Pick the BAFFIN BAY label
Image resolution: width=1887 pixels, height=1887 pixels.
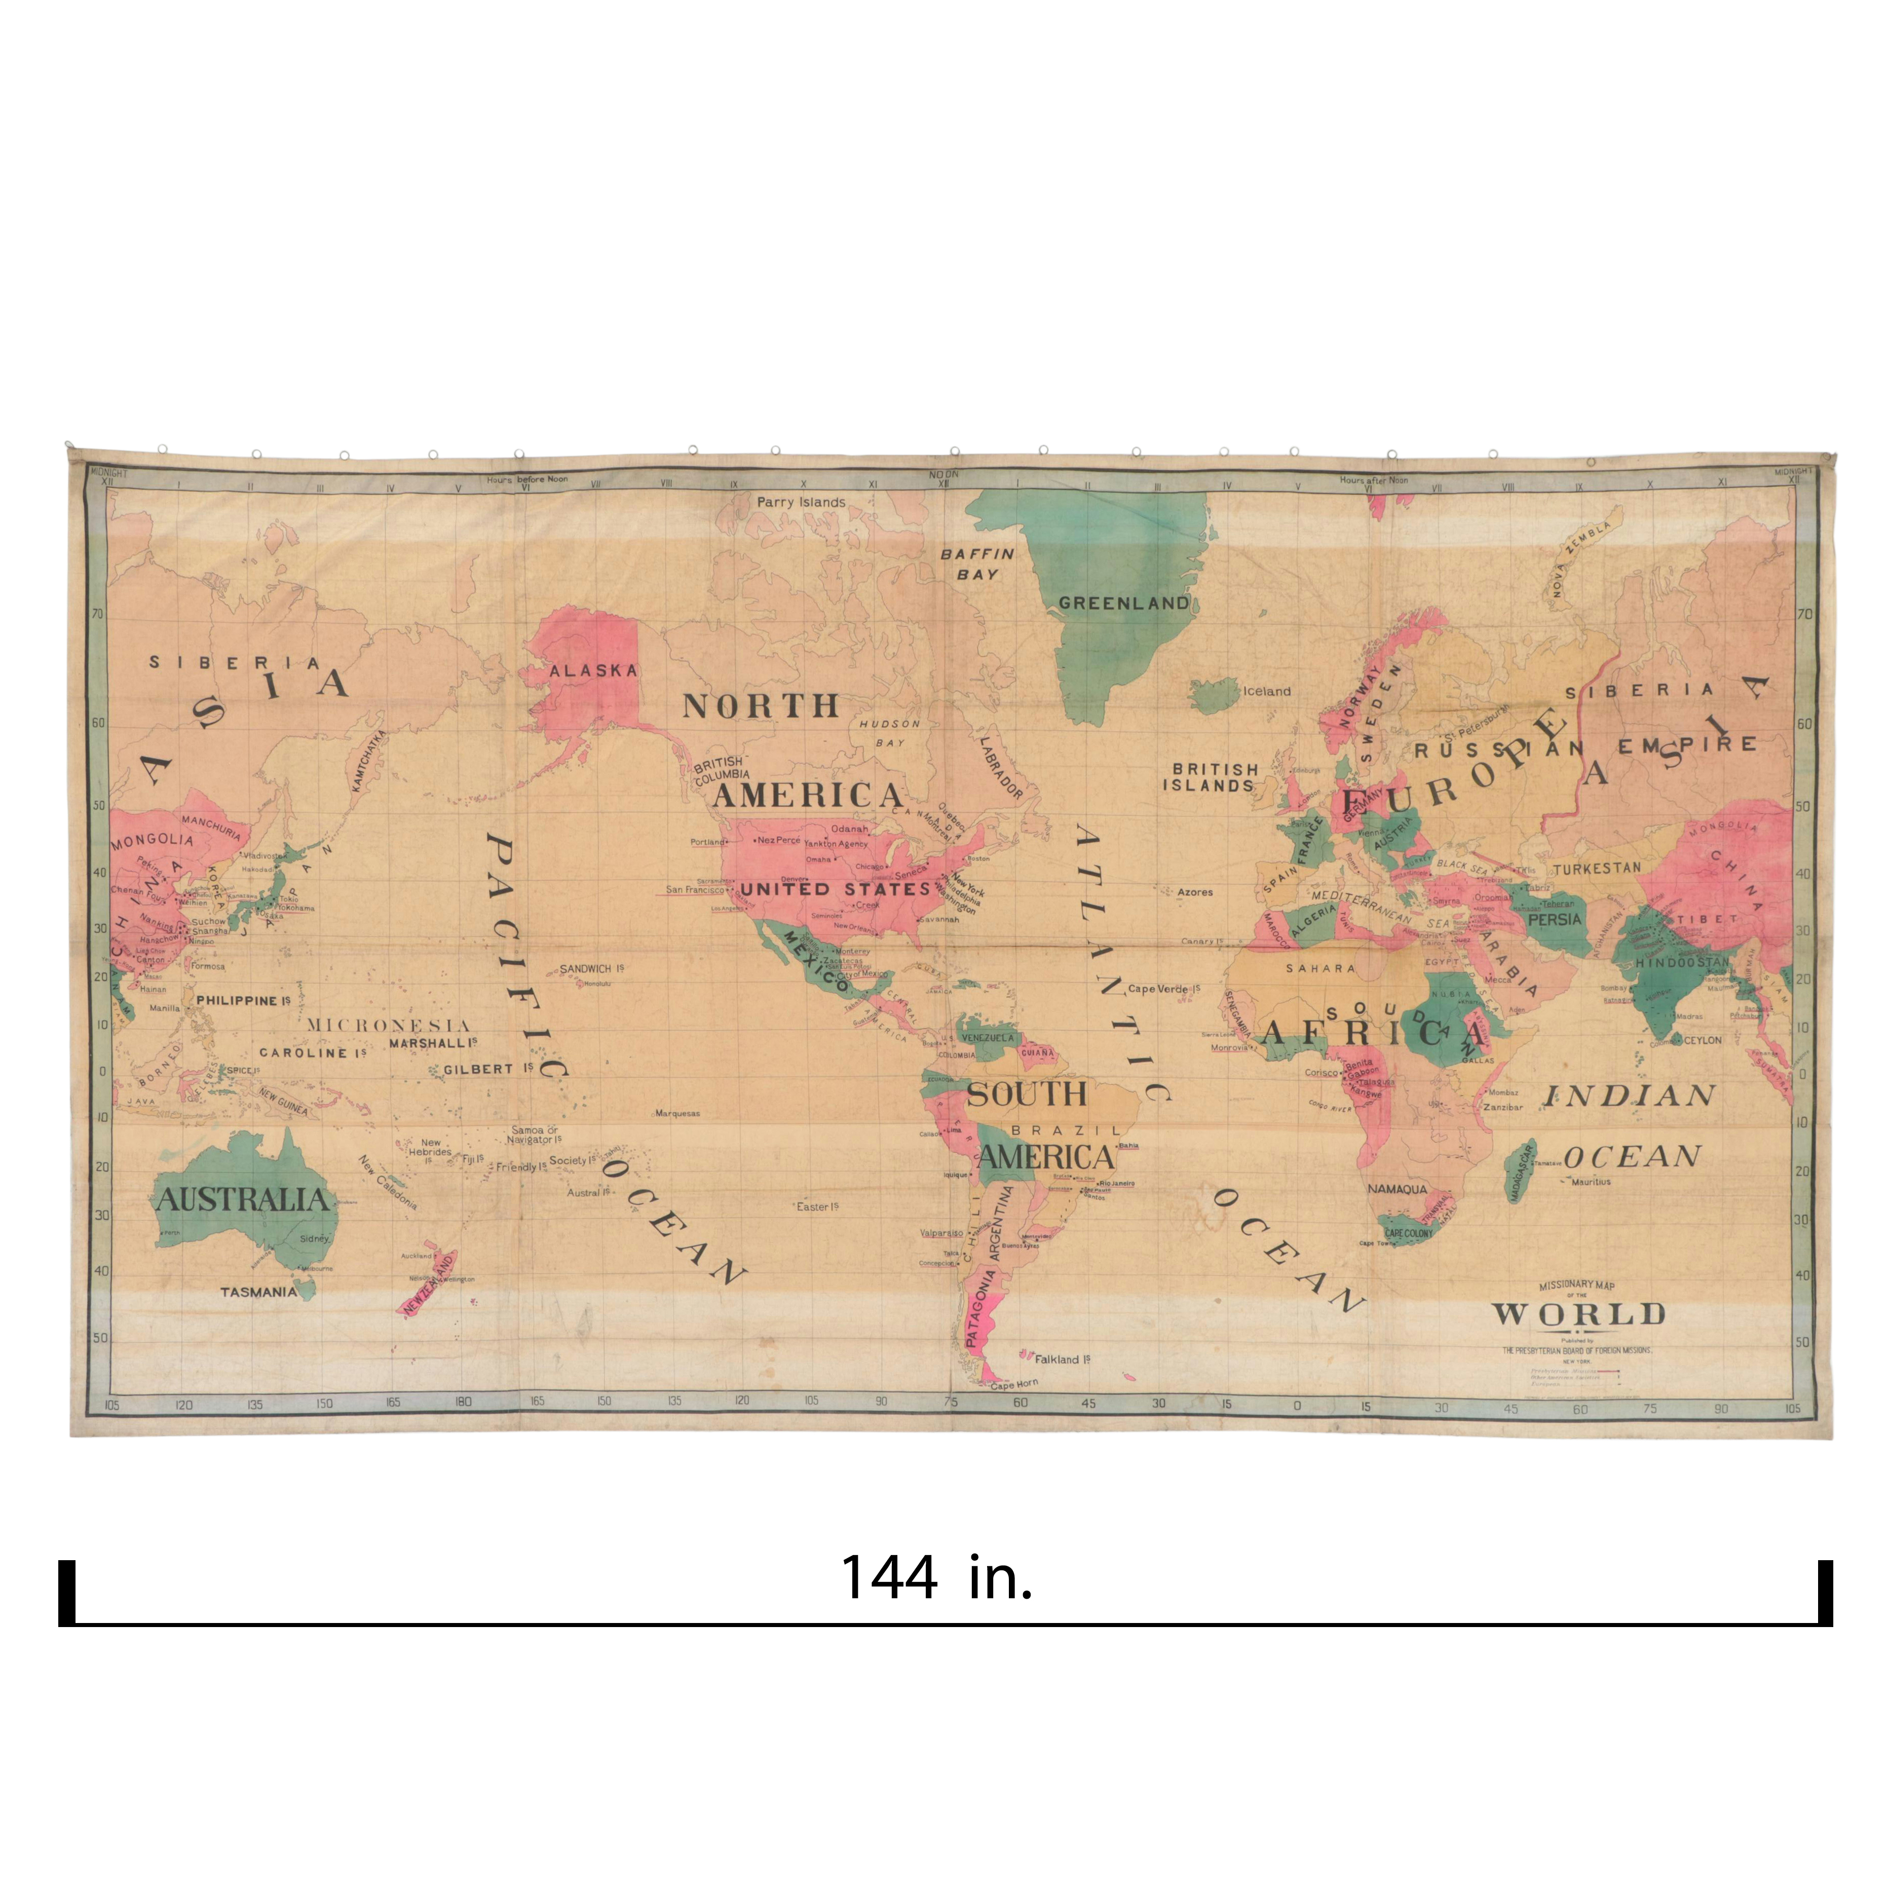click(977, 563)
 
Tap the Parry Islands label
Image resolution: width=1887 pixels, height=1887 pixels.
click(801, 502)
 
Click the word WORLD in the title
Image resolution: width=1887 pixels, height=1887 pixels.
click(1578, 1314)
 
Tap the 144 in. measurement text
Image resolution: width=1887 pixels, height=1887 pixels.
click(936, 1577)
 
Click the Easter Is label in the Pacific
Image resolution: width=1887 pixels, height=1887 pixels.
click(817, 1207)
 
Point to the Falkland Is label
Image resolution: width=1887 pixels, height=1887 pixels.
click(1063, 1358)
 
